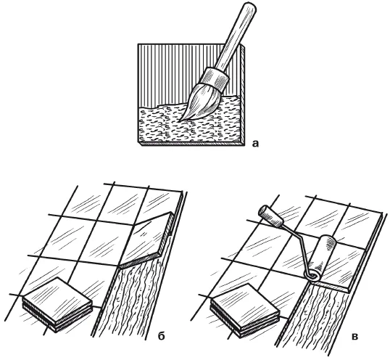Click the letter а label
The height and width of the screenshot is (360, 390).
[x=255, y=144]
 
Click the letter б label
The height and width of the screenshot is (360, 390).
[x=161, y=337]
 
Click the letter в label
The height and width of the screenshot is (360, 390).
[x=355, y=337]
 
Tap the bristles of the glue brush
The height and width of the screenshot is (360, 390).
[x=199, y=102]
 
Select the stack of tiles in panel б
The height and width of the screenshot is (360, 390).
[x=58, y=303]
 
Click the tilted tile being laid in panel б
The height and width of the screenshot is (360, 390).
[x=146, y=239]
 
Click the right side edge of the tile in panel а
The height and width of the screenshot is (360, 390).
[x=243, y=94]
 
